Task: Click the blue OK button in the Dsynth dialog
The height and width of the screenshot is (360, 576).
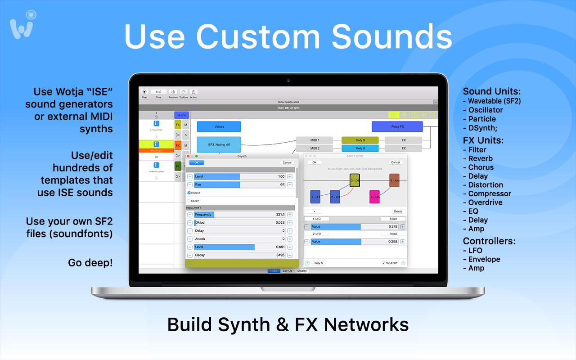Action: pyautogui.click(x=196, y=162)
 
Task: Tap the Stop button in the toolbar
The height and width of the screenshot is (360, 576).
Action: pyautogui.click(x=144, y=92)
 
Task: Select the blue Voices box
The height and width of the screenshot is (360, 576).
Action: pyautogui.click(x=219, y=126)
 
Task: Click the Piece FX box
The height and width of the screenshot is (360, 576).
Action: pyautogui.click(x=397, y=126)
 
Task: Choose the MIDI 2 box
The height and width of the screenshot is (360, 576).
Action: pyautogui.click(x=315, y=148)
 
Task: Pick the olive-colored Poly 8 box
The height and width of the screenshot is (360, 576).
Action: pyautogui.click(x=360, y=140)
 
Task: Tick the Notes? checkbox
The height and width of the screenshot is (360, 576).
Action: pyautogui.click(x=189, y=193)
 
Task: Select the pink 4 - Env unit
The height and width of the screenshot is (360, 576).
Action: pyautogui.click(x=374, y=197)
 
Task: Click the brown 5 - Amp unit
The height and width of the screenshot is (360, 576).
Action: pyautogui.click(x=394, y=180)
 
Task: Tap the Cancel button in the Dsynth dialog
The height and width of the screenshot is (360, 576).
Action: pyautogui.click(x=286, y=162)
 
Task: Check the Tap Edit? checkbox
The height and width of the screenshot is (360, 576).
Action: pyautogui.click(x=383, y=263)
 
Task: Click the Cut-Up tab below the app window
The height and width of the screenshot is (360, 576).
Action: pyautogui.click(x=287, y=271)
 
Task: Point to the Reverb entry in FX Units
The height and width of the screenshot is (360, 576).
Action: pyautogui.click(x=480, y=158)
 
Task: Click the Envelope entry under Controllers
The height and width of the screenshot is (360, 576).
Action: pyautogui.click(x=484, y=259)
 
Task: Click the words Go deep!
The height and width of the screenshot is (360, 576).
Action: pyautogui.click(x=90, y=262)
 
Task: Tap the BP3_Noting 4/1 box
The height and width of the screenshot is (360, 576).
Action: pyautogui.click(x=219, y=144)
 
